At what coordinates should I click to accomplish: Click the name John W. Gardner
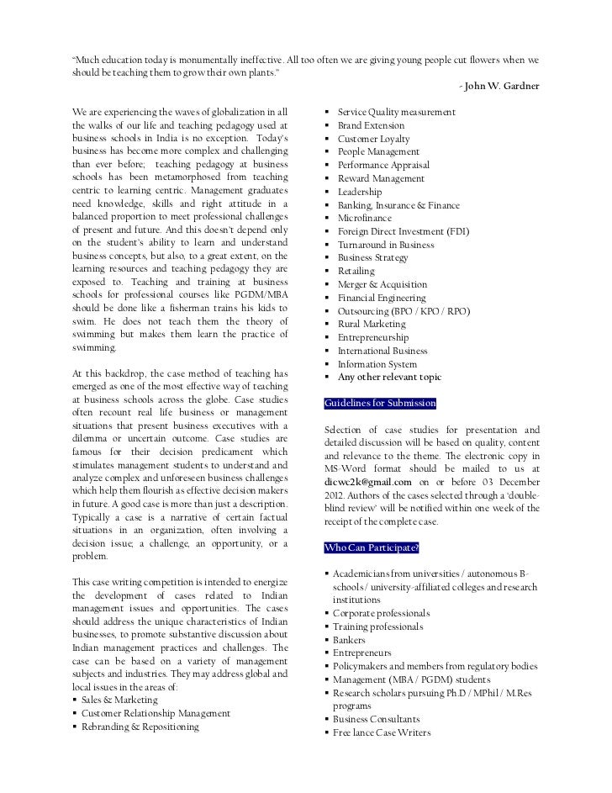coord(503,87)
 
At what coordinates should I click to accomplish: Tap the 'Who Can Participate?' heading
coord(371,549)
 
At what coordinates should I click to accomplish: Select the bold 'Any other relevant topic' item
coord(389,377)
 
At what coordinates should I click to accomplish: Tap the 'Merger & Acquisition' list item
coord(382,284)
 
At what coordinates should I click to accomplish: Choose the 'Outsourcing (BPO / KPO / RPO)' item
coord(404,310)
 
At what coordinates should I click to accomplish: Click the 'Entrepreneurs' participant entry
coord(362,653)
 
